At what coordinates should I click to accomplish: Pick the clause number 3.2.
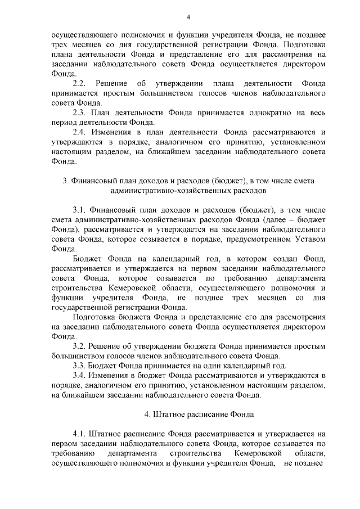79,345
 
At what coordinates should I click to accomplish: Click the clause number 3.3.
79,365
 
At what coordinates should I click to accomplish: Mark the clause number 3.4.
79,375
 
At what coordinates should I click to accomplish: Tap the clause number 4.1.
79,434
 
